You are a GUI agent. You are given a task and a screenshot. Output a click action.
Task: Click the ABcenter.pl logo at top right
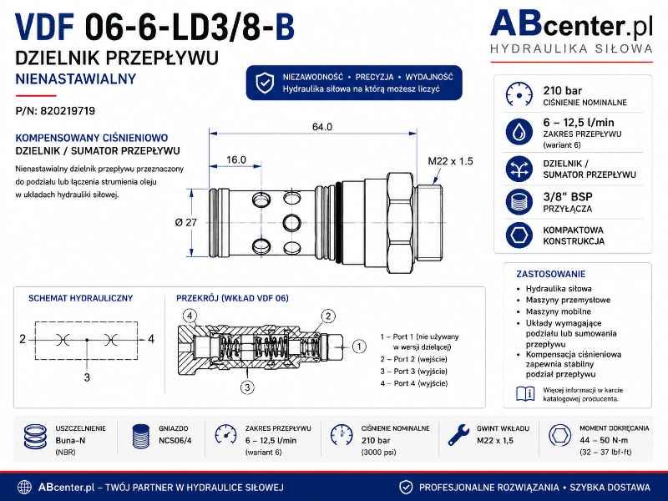point(571,32)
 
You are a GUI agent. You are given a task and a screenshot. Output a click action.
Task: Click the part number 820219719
point(68,111)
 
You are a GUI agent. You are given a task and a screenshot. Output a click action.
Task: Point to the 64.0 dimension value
point(322,127)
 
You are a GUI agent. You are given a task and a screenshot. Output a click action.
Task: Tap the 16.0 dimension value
point(236,159)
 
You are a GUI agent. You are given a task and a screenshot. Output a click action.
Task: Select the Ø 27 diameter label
point(186,222)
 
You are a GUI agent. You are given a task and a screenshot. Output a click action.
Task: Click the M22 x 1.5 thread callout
point(450,161)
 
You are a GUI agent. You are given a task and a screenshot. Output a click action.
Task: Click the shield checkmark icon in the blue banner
point(265,83)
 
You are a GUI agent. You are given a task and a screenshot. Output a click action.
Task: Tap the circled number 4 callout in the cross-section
point(190,316)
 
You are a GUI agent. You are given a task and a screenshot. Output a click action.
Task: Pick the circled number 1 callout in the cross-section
point(359,347)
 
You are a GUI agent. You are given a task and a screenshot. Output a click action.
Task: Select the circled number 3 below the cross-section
point(247,387)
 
